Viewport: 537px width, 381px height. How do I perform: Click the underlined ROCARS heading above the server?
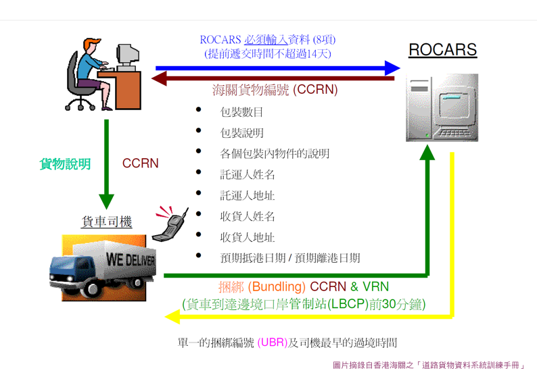tap(442, 50)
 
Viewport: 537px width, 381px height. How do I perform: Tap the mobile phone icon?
tap(170, 224)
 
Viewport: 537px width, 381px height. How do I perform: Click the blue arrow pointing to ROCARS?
tap(278, 68)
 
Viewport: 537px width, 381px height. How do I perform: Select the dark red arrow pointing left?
tap(273, 78)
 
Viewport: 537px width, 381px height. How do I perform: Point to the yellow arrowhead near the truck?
tap(172, 317)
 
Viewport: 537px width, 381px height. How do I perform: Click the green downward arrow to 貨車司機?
tap(106, 164)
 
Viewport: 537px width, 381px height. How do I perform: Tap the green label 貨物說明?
tap(65, 164)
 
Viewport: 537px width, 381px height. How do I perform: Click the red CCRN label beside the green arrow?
tap(141, 163)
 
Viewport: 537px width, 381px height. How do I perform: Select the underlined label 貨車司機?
tap(107, 222)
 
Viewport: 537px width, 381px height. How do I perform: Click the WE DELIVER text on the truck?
tap(131, 260)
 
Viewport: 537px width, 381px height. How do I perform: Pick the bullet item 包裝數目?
tap(241, 112)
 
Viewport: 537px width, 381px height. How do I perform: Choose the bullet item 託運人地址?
tap(248, 196)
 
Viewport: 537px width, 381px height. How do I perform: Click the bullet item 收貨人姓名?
tap(248, 216)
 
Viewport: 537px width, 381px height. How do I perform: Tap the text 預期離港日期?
tap(327, 258)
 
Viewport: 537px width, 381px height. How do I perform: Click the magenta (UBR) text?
tap(273, 342)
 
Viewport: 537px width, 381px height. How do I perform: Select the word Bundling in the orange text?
tap(279, 286)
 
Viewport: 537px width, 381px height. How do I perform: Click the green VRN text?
tap(375, 286)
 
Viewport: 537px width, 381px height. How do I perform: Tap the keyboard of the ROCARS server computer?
tap(454, 132)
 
